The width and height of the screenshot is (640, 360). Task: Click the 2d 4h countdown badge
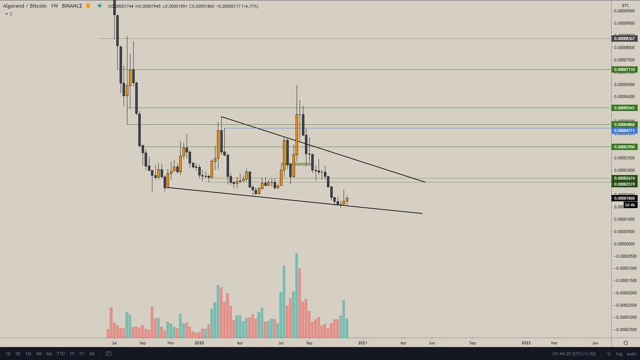(629, 205)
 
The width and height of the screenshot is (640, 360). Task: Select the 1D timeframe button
(8, 354)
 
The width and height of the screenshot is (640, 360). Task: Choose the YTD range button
(60, 354)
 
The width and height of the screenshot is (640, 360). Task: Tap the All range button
(92, 354)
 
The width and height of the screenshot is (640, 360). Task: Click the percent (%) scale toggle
(609, 354)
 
